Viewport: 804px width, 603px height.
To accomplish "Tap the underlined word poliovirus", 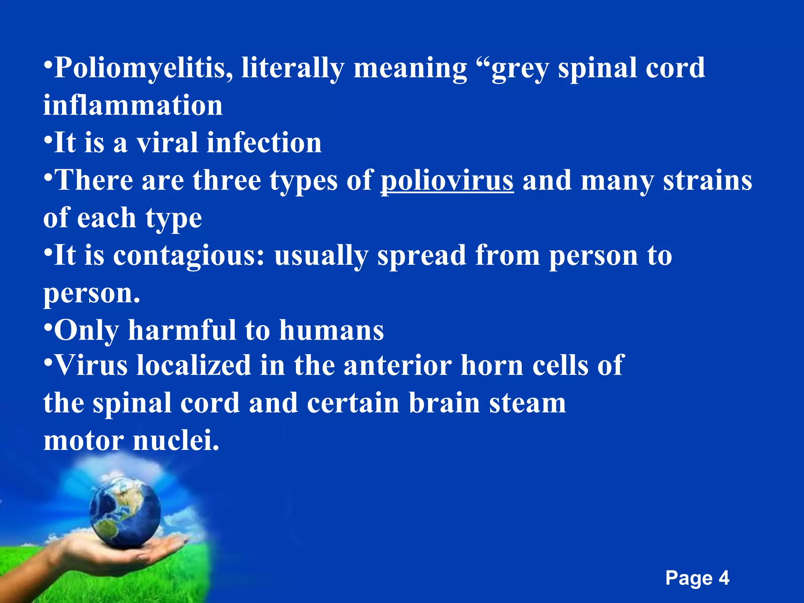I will pos(447,181).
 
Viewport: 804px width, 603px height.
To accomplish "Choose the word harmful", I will pos(182,330).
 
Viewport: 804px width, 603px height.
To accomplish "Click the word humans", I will pos(331,330).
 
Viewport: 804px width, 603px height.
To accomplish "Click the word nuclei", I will pos(175,440).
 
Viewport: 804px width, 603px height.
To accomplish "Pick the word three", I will pos(227,181).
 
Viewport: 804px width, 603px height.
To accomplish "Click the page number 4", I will pos(724,578).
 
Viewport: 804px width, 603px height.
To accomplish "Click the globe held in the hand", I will pos(125,510).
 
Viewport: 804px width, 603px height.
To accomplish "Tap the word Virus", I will pos(91,365).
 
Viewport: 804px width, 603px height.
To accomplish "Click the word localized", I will pos(194,365).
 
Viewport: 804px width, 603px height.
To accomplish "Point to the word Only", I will pos(86,330).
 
